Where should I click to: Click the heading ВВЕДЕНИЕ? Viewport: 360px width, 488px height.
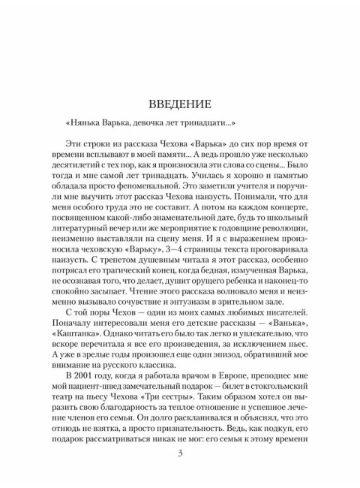coord(180,101)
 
